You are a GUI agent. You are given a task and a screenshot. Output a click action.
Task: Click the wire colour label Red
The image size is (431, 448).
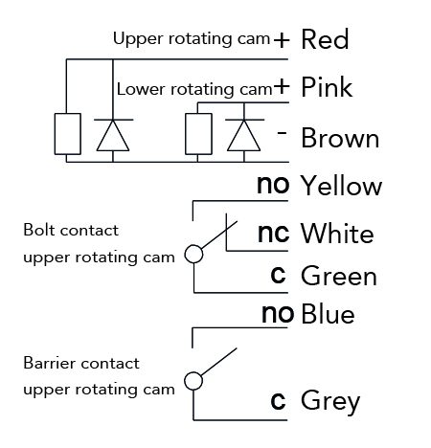pyautogui.click(x=325, y=39)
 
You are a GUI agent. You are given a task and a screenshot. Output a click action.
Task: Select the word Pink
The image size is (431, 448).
pyautogui.click(x=327, y=87)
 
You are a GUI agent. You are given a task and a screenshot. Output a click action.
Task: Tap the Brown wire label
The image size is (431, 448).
pyautogui.click(x=340, y=138)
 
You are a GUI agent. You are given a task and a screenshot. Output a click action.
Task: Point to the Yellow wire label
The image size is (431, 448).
pyautogui.click(x=341, y=186)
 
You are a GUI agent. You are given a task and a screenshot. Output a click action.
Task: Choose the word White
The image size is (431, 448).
pyautogui.click(x=337, y=234)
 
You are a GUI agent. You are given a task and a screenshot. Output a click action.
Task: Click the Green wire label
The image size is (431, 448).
pyautogui.click(x=339, y=276)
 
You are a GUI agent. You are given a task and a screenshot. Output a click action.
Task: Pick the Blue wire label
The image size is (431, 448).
pyautogui.click(x=328, y=314)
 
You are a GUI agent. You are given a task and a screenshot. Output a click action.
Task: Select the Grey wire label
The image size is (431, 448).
pyautogui.click(x=330, y=401)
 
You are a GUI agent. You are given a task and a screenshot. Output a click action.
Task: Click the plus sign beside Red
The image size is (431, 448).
pyautogui.click(x=282, y=40)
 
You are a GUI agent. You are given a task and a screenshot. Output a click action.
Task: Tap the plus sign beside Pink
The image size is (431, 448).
pyautogui.click(x=282, y=86)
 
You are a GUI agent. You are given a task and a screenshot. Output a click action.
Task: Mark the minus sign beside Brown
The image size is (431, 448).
pyautogui.click(x=282, y=132)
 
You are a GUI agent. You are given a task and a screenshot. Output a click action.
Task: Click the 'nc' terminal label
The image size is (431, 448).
pyautogui.click(x=273, y=233)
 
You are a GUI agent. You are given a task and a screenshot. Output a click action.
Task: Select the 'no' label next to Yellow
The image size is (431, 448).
pyautogui.click(x=273, y=185)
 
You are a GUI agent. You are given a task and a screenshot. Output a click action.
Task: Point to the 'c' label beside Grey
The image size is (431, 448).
pyautogui.click(x=278, y=401)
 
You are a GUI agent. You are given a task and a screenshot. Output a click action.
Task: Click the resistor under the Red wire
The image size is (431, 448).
pyautogui.click(x=67, y=134)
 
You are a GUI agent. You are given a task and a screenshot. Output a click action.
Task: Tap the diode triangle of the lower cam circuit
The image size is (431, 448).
pyautogui.click(x=243, y=135)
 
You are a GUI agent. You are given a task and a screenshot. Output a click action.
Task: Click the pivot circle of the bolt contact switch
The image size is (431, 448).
pyautogui.click(x=193, y=254)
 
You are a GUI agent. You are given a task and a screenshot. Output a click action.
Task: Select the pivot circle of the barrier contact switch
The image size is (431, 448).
pyautogui.click(x=193, y=381)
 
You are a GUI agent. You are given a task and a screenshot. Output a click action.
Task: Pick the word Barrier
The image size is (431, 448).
pyautogui.click(x=48, y=363)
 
